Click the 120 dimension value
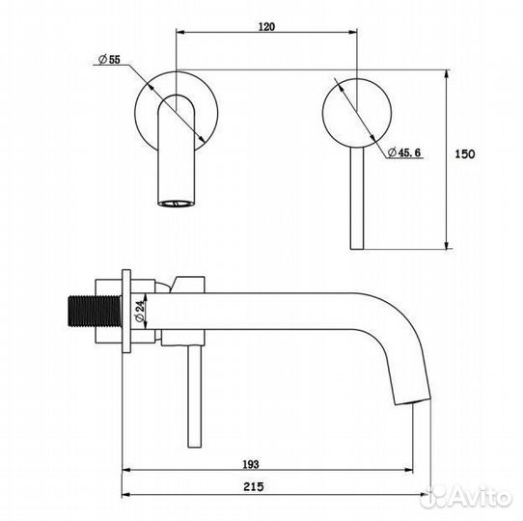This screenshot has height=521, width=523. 266,26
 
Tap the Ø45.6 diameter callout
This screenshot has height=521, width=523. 404,152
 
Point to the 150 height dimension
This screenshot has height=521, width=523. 465,154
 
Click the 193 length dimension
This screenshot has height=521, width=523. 251,464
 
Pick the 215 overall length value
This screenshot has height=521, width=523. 254,486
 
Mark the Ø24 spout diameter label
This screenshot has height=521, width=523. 140,311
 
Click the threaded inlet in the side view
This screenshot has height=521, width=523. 95,311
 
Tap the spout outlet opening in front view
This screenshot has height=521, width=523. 176,203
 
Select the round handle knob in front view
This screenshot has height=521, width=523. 357,113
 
